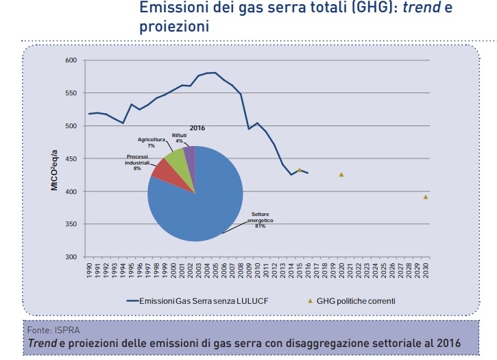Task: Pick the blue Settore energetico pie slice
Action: coord(199,206)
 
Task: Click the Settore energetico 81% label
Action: coord(258,219)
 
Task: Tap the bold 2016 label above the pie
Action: coord(197,128)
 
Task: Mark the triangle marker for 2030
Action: coord(426,197)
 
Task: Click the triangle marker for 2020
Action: coord(341,175)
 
